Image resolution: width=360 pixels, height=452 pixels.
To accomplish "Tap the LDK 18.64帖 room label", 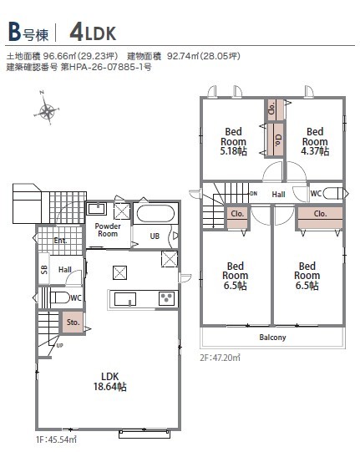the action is [x=109, y=381].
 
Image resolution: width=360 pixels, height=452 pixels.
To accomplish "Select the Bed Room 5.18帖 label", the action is [x=234, y=141].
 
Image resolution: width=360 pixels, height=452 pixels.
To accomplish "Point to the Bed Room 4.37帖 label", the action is [x=315, y=141].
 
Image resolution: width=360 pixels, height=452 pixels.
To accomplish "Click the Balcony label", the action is [x=272, y=338].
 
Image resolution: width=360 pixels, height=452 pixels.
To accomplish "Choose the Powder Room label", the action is [x=108, y=230].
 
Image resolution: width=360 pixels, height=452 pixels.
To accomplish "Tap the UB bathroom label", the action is [x=155, y=236].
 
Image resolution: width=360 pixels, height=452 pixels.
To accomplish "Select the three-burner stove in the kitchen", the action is [x=166, y=298].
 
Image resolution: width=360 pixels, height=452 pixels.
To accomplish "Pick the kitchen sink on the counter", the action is [x=125, y=299].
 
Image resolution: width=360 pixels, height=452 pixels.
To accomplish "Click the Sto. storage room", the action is [x=73, y=322].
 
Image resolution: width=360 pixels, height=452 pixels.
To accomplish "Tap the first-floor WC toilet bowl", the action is [x=60, y=297].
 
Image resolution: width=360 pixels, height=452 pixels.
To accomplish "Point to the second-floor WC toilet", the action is [x=333, y=193].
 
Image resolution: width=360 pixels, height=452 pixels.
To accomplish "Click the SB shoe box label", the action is [x=44, y=270].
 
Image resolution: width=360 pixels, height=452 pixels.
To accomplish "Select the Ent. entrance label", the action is [x=60, y=240].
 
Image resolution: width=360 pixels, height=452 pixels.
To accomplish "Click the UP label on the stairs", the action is [x=59, y=345].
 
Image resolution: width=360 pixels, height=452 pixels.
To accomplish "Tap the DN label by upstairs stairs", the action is [x=253, y=194].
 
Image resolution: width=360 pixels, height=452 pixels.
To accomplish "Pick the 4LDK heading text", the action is [x=93, y=33].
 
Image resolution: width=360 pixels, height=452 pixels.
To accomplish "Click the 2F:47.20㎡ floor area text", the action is [x=221, y=358].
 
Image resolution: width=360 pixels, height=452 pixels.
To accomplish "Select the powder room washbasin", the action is [x=97, y=209].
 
